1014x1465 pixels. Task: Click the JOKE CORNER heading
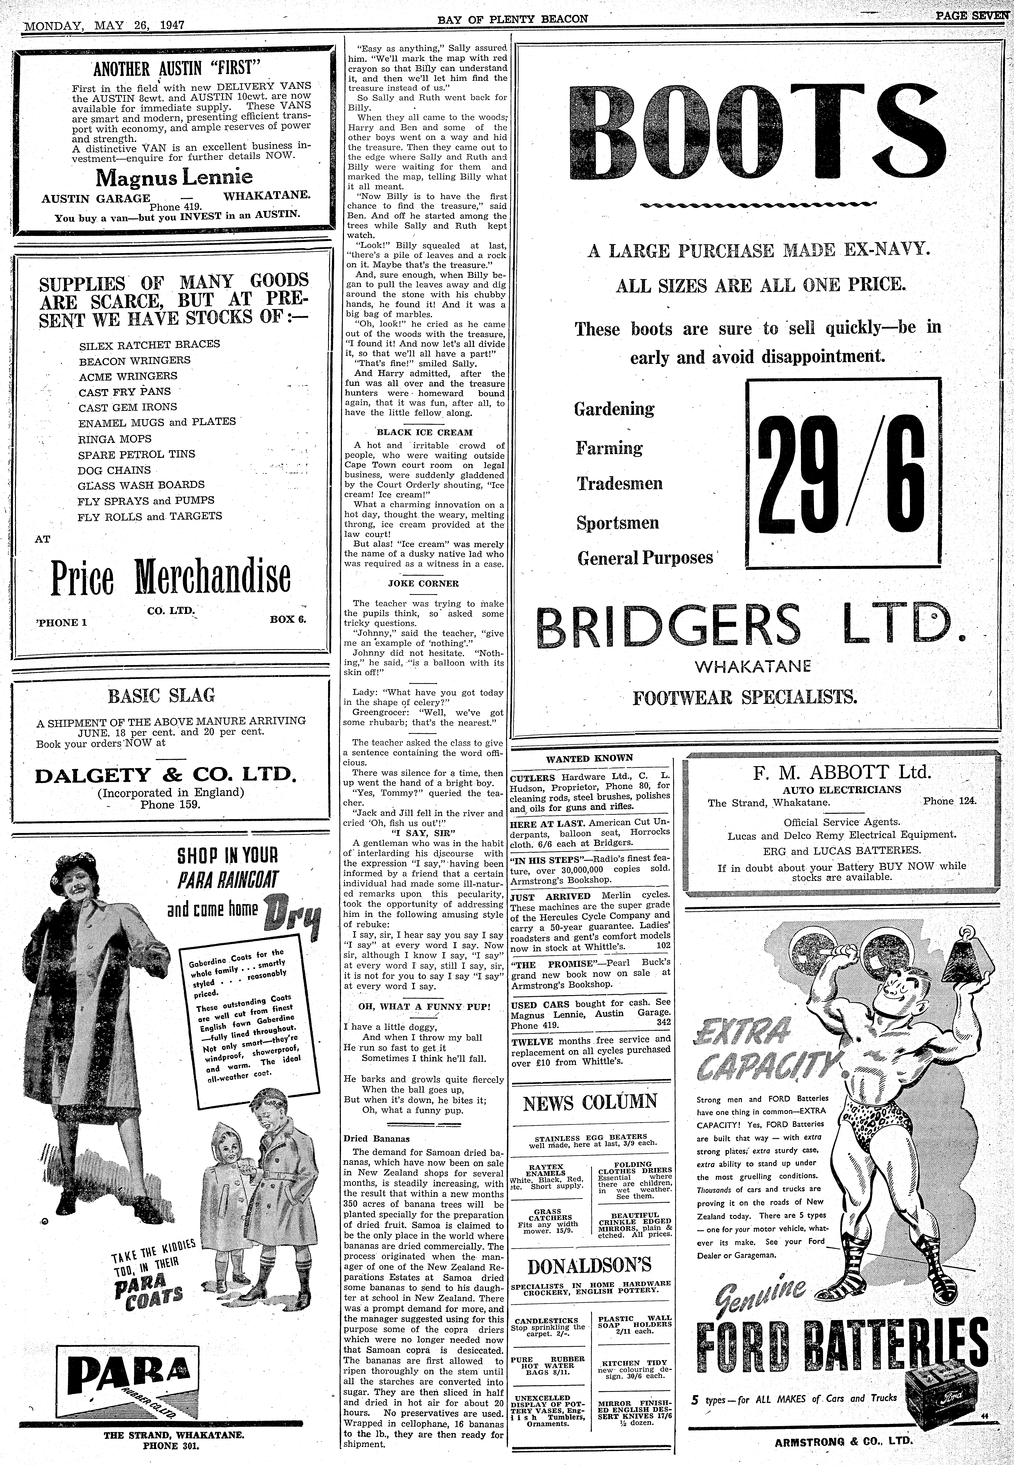click(x=423, y=583)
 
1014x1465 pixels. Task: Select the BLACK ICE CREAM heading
click(x=424, y=432)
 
